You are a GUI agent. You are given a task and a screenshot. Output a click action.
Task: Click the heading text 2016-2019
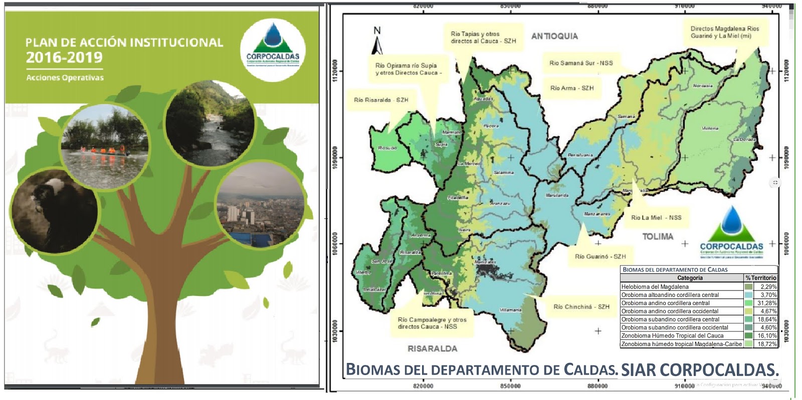point(64,58)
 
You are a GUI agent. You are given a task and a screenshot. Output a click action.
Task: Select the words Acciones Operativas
point(65,78)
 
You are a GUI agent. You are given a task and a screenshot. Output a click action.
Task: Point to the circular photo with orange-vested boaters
point(104,142)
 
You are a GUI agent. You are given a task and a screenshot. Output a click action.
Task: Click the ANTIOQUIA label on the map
point(554,36)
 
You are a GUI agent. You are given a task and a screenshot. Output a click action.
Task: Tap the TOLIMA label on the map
point(658,236)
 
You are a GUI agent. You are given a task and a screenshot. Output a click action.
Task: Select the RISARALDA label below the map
point(432,348)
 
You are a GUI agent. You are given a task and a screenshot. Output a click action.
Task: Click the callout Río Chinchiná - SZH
point(581,306)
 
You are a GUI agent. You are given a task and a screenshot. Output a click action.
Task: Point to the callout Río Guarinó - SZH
point(600,256)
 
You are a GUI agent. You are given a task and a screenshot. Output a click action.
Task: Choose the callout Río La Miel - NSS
point(656,217)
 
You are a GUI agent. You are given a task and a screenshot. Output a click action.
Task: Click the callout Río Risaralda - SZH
point(381,100)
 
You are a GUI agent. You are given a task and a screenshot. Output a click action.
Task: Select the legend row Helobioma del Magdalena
point(682,287)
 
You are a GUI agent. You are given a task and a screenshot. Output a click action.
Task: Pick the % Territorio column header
point(760,278)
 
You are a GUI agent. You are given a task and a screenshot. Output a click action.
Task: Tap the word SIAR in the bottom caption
point(638,369)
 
